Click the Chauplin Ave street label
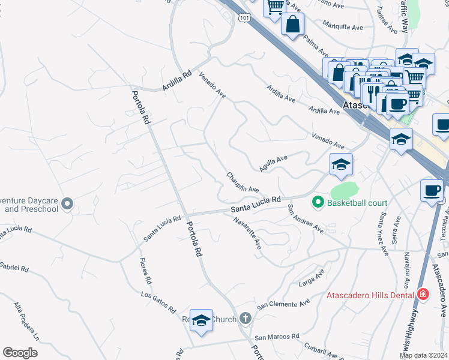(x=243, y=182)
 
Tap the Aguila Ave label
(x=274, y=161)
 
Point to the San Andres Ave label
(x=306, y=219)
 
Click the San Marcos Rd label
(x=276, y=337)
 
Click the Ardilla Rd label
(x=176, y=82)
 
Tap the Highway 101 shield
(x=244, y=19)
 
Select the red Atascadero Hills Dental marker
(x=423, y=295)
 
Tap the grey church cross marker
(x=245, y=319)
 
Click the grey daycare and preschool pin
(x=67, y=204)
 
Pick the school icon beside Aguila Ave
(x=340, y=164)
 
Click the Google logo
(x=20, y=352)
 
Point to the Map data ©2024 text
(x=423, y=355)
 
